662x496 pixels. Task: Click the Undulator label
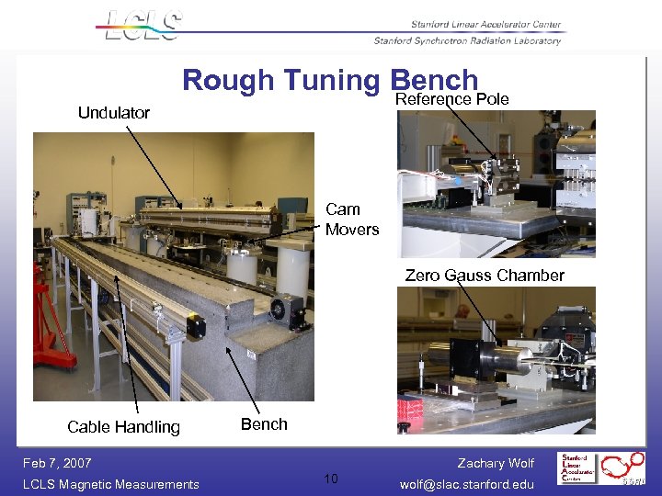(113, 113)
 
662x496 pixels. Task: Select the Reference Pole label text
(451, 99)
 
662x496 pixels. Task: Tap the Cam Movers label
(351, 220)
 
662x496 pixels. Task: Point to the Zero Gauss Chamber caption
(485, 276)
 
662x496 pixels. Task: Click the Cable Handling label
(123, 426)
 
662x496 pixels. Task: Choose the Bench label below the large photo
(264, 424)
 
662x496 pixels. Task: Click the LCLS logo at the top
(143, 25)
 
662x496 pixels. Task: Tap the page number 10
(331, 479)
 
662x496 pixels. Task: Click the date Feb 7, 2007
(58, 463)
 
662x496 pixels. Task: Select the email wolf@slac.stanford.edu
(467, 484)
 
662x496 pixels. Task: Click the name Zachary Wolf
(496, 463)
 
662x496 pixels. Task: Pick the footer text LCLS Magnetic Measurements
(110, 484)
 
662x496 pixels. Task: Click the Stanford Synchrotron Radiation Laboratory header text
(467, 40)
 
